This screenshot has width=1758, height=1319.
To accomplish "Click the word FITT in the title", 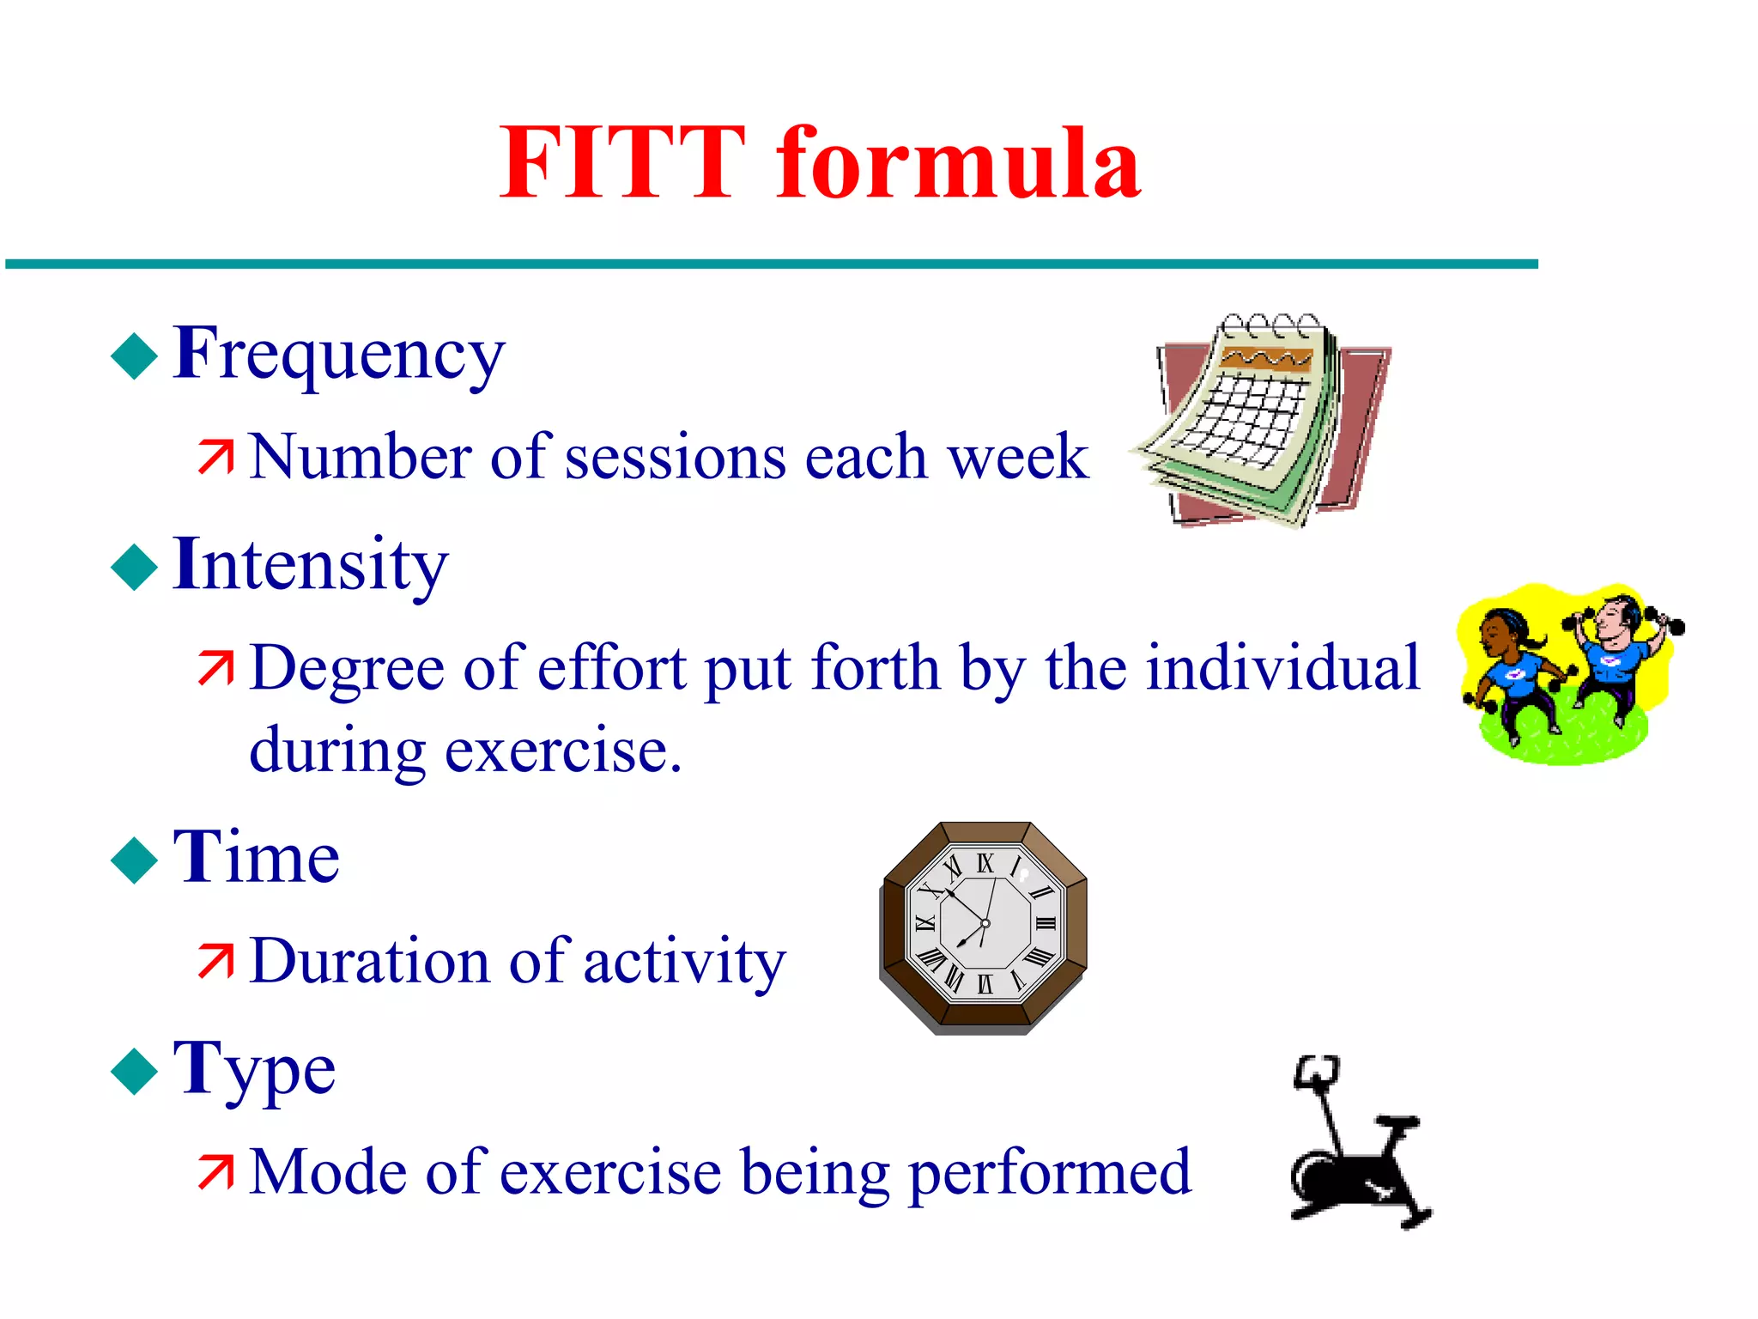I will [x=622, y=163].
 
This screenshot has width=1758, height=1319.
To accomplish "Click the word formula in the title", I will [x=958, y=163].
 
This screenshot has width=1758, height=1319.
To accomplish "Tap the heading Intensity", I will [x=310, y=564].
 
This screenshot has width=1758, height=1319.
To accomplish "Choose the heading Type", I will [x=254, y=1069].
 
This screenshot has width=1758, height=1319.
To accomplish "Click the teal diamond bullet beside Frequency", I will [x=135, y=356].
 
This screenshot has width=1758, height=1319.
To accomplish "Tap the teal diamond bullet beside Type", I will [x=135, y=1072].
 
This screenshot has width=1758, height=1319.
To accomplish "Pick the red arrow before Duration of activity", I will [x=215, y=961].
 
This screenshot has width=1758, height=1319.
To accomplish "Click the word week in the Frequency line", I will [x=1016, y=457].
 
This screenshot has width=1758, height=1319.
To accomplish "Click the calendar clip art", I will [x=1262, y=421].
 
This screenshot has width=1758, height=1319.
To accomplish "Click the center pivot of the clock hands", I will [x=985, y=924].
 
